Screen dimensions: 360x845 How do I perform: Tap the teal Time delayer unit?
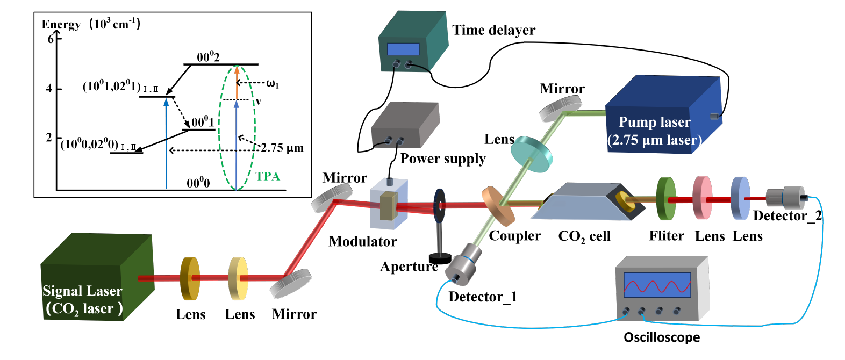coord(412,43)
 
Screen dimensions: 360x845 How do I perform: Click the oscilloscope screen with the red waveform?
coord(657,285)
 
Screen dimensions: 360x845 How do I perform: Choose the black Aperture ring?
coord(439,205)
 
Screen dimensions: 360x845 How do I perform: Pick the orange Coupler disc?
coord(497,206)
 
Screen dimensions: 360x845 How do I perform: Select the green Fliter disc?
coord(666,199)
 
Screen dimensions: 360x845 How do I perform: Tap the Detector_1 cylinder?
coord(464,262)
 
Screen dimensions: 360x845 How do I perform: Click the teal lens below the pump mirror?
coord(531,154)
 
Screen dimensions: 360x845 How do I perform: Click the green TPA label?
coord(268,176)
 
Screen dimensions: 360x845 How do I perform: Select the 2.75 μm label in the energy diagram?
coord(282,148)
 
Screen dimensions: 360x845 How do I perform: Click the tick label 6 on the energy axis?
coord(51,39)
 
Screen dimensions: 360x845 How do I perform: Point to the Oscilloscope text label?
coord(662,337)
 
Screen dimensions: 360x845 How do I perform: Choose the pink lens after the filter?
coord(702,198)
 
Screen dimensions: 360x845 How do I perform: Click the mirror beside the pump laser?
coord(561,108)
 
